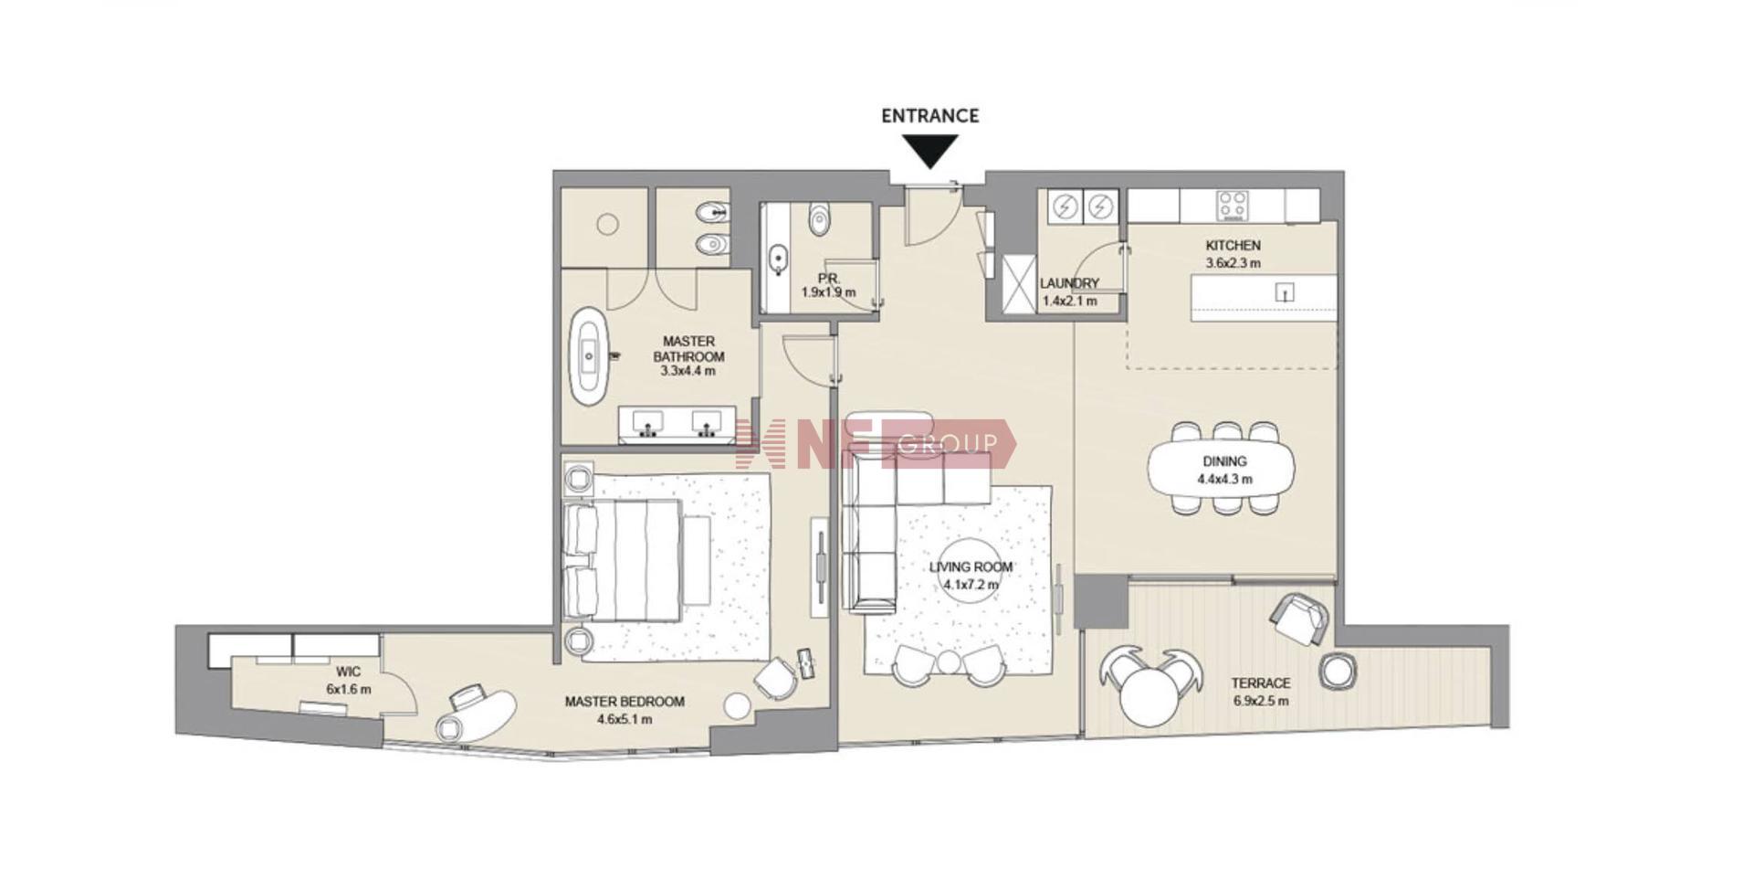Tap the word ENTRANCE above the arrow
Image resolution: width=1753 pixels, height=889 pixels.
click(x=929, y=116)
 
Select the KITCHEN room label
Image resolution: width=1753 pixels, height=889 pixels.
click(x=1233, y=245)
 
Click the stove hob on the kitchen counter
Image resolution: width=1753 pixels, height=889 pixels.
click(x=1233, y=206)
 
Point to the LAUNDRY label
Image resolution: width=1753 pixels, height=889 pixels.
click(x=1069, y=283)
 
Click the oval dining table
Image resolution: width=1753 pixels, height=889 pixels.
click(x=1222, y=470)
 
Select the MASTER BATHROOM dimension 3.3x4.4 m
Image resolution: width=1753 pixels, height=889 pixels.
click(x=688, y=372)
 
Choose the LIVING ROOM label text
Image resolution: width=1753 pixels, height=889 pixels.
click(x=971, y=566)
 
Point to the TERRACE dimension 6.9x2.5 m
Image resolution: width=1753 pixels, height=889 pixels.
click(x=1261, y=702)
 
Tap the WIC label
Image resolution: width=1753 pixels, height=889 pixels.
click(x=348, y=672)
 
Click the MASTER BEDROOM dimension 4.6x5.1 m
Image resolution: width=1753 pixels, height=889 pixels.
click(x=625, y=719)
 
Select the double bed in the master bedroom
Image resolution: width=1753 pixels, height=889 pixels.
click(x=624, y=561)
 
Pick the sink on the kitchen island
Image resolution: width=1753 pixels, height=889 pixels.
click(x=1286, y=292)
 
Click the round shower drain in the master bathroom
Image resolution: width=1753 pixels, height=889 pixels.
click(x=607, y=224)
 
